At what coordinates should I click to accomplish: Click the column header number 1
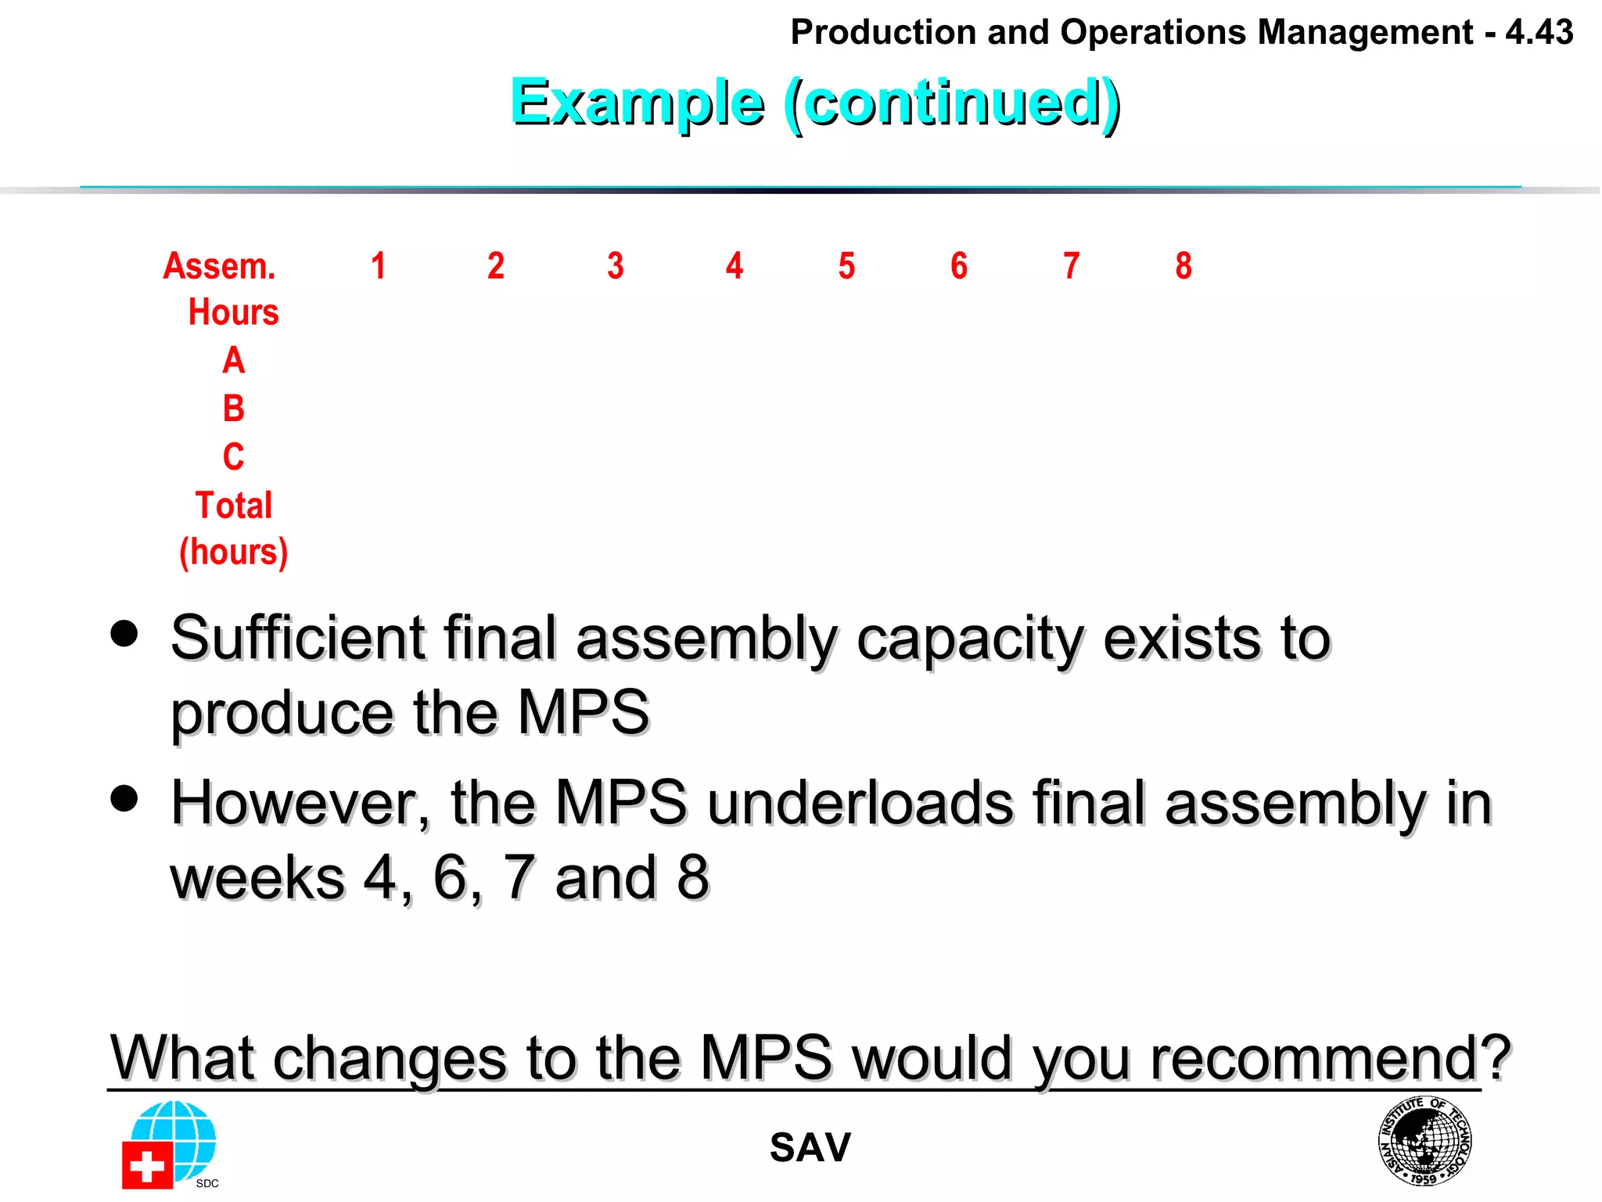pos(379,266)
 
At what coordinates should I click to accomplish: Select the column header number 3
pos(616,266)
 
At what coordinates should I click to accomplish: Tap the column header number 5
pos(846,266)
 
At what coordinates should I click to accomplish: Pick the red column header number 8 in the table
pos(1184,266)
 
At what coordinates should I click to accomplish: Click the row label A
pos(233,361)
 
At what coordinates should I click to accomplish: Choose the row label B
pos(233,408)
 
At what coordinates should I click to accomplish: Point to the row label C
pos(233,457)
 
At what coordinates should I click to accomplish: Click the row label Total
pos(233,506)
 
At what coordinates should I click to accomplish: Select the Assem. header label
pos(220,266)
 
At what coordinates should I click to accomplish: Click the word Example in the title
pos(637,103)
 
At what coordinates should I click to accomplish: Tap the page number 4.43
pos(1539,33)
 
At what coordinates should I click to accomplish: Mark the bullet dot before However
pos(124,798)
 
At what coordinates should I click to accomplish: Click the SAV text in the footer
pos(810,1148)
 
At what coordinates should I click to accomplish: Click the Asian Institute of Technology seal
pos(1424,1141)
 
